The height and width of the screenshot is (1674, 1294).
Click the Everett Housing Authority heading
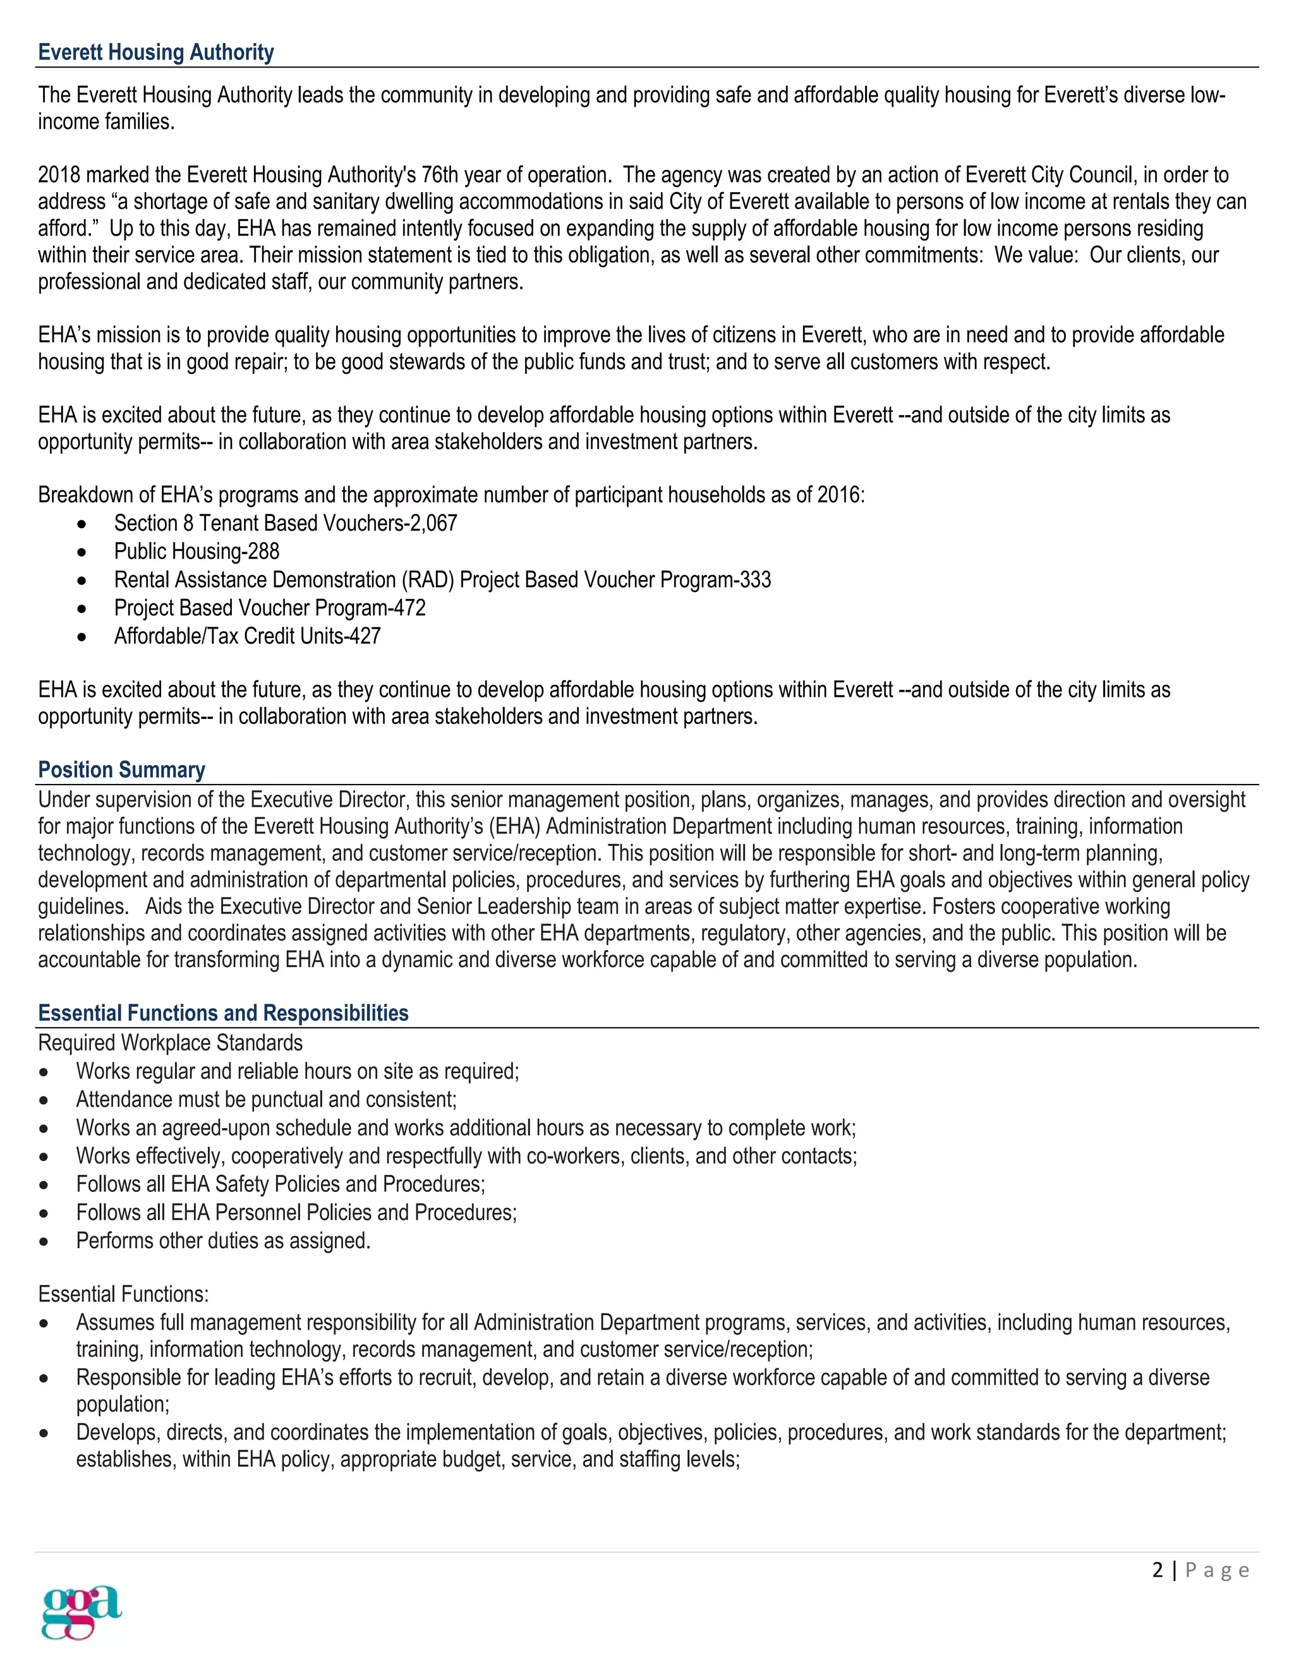click(155, 52)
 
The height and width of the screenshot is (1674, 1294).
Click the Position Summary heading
click(121, 769)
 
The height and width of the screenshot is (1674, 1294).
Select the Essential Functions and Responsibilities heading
click(223, 1013)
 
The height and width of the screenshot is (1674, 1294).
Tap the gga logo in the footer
click(82, 1611)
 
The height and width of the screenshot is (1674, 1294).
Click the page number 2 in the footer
click(1157, 1570)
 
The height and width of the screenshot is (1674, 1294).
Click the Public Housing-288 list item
click(197, 552)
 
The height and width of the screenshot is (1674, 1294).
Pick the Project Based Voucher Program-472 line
click(270, 608)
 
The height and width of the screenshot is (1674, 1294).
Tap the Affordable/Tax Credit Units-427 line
click(247, 637)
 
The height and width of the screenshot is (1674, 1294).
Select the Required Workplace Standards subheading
click(170, 1043)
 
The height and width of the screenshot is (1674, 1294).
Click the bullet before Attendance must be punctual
click(44, 1100)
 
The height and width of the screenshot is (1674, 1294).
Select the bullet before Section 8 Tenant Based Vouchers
click(82, 524)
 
